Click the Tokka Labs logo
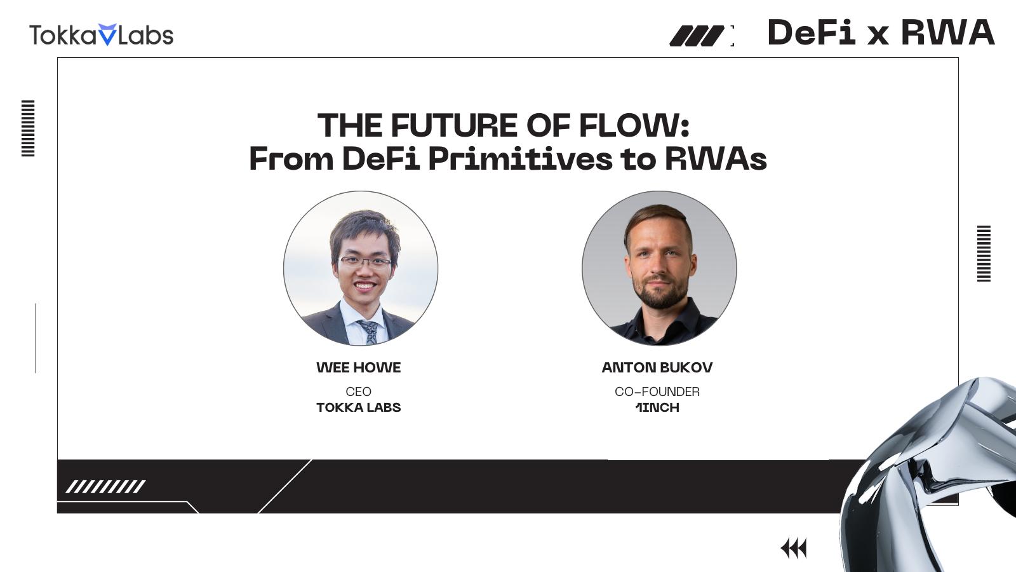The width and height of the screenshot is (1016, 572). coord(101,35)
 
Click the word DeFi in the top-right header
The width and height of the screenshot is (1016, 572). coord(812,32)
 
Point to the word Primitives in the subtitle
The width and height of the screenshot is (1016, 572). coord(521,159)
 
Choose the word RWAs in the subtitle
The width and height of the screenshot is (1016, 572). coord(716,159)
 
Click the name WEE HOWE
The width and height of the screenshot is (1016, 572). coord(358,367)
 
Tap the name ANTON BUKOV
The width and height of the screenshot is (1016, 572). coord(657,367)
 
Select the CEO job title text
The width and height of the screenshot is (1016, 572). coord(358,392)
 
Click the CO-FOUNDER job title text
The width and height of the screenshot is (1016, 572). coord(657,392)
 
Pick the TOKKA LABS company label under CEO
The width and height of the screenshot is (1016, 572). coord(358,407)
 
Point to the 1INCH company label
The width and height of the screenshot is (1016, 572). coord(657,407)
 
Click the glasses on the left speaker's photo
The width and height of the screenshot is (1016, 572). coord(365,262)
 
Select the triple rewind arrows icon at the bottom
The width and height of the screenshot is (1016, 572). coord(794,548)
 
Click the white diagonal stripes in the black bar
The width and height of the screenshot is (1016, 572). coord(105,487)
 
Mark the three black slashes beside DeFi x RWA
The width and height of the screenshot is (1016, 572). coord(697,36)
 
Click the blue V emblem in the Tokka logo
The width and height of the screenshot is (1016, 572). coord(107,34)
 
